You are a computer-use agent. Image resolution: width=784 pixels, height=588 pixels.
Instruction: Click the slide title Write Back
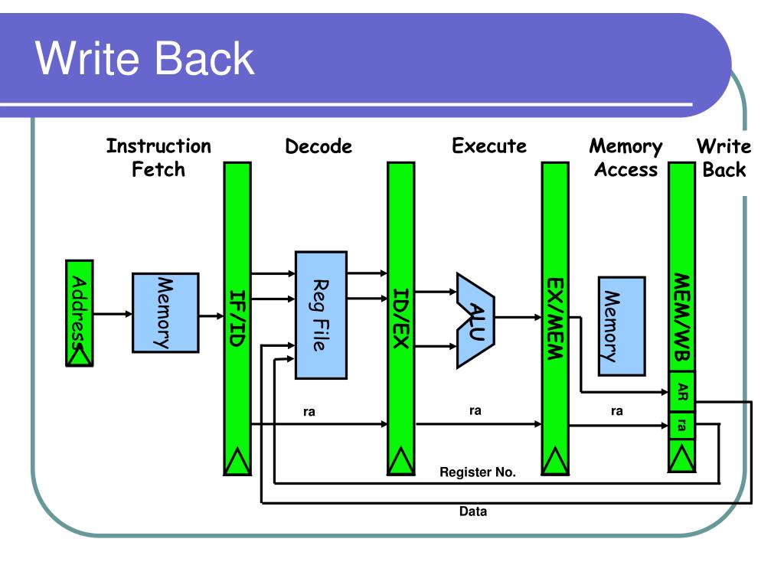click(145, 58)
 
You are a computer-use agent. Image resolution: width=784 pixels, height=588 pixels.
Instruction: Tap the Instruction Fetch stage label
click(158, 158)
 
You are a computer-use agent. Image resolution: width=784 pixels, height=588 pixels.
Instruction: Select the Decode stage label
click(318, 146)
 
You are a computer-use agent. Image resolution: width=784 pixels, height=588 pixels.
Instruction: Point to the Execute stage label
click(489, 145)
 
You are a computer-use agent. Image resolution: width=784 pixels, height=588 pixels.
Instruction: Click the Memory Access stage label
click(626, 158)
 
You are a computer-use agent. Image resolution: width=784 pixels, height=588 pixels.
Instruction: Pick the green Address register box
click(80, 313)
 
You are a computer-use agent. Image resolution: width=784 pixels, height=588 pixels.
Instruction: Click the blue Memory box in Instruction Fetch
click(165, 313)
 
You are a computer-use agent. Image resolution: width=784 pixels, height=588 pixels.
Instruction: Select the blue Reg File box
click(321, 315)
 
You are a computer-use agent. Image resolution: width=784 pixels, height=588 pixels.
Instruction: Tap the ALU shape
click(475, 321)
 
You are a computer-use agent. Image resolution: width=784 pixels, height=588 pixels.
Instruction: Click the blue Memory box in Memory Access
click(622, 326)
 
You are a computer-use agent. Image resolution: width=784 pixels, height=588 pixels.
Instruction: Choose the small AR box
click(682, 391)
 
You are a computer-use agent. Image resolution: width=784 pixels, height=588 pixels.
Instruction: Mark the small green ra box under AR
click(682, 426)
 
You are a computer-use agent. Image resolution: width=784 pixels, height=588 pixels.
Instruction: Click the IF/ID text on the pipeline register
click(237, 318)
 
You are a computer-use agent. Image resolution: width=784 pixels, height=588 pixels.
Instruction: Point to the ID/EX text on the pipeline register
click(401, 318)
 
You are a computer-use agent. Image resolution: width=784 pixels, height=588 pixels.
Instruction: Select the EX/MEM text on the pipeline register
click(555, 318)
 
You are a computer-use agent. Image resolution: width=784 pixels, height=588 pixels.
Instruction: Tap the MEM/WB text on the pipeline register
click(682, 318)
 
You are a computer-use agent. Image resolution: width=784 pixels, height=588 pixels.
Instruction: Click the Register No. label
click(478, 472)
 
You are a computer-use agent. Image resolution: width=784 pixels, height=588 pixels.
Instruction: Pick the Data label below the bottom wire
click(473, 511)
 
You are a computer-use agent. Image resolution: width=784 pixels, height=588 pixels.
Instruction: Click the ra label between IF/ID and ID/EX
click(309, 412)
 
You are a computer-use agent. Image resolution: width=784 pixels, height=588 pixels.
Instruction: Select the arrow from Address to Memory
click(113, 314)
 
